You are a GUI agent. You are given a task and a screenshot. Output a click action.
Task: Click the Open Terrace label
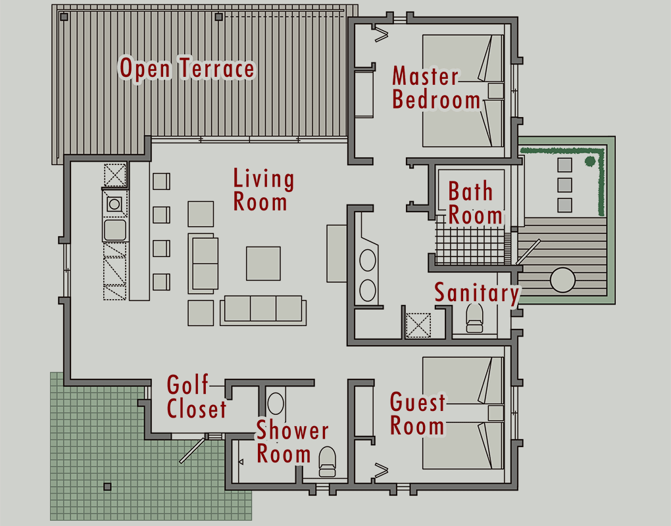click(187, 68)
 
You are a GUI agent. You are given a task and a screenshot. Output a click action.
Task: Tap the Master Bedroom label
click(435, 87)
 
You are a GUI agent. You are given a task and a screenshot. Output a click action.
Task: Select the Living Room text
click(263, 190)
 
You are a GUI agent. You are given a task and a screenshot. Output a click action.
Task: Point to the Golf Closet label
click(197, 397)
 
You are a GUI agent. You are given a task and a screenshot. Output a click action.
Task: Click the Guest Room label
click(418, 414)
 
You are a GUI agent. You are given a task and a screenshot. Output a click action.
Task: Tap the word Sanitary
click(477, 293)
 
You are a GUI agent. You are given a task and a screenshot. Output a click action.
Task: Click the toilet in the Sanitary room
click(474, 318)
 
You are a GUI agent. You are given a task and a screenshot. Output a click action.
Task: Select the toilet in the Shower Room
click(328, 462)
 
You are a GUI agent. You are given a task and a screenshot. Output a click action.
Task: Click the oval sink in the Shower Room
click(276, 403)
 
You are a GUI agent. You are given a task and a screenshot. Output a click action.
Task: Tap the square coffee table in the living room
click(263, 264)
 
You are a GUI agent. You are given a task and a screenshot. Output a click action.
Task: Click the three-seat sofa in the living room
click(263, 310)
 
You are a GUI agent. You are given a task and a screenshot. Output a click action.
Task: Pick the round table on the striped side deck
click(562, 280)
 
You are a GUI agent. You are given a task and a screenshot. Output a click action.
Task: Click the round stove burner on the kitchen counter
click(114, 204)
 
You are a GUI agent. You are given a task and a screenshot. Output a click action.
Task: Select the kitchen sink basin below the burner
click(115, 230)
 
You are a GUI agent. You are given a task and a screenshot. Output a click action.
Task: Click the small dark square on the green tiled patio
click(107, 487)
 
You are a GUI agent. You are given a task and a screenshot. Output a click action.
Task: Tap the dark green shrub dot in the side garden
click(590, 161)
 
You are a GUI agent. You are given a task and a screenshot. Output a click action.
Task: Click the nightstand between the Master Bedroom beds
click(495, 91)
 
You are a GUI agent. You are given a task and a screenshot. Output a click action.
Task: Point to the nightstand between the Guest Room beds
click(495, 413)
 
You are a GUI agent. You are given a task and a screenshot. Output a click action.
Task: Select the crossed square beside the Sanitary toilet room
click(418, 325)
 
